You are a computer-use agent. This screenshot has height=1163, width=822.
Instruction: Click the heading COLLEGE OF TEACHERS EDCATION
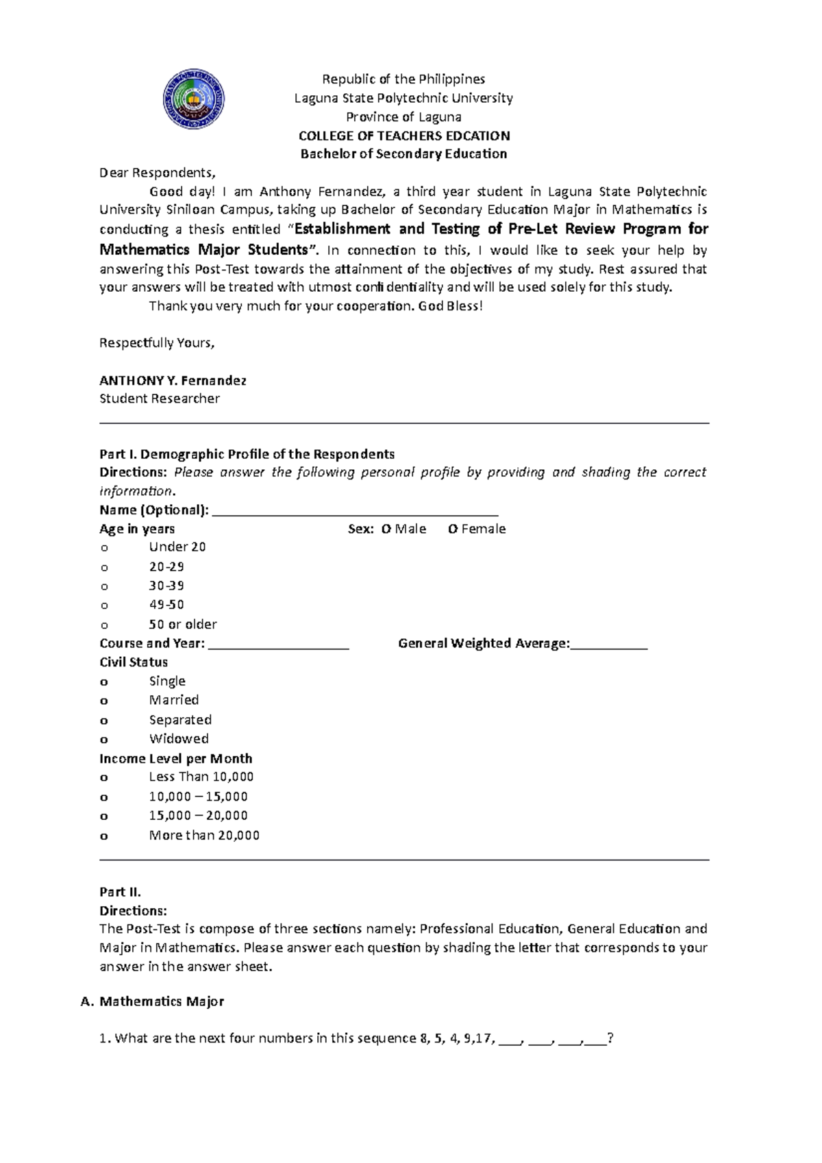click(x=403, y=136)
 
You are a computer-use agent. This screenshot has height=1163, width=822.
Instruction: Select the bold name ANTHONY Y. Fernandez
click(x=173, y=380)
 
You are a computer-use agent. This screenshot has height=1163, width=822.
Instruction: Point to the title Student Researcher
click(x=160, y=399)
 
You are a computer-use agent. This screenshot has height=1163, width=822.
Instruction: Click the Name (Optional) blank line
click(x=355, y=511)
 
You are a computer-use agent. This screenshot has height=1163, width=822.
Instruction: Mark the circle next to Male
click(x=386, y=529)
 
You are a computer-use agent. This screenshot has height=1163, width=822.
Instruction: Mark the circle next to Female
click(x=453, y=529)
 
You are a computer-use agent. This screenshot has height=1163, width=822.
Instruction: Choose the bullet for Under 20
click(x=104, y=548)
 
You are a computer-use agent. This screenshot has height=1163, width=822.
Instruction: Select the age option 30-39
click(x=166, y=586)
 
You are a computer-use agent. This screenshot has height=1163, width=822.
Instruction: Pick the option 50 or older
click(x=182, y=624)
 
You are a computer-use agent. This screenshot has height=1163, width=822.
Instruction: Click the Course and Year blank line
click(x=279, y=645)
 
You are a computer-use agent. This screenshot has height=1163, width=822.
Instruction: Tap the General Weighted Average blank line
click(x=608, y=645)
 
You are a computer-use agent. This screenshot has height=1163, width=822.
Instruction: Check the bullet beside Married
click(x=104, y=701)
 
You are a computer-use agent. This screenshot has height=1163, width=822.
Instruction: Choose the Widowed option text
click(x=179, y=738)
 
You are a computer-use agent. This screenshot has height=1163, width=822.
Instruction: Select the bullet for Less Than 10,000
click(x=104, y=778)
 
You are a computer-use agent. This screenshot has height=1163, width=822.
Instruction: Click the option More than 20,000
click(x=204, y=835)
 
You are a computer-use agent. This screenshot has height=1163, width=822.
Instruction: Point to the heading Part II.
click(x=120, y=892)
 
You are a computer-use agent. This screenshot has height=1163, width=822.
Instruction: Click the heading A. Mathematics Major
click(x=153, y=1001)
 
